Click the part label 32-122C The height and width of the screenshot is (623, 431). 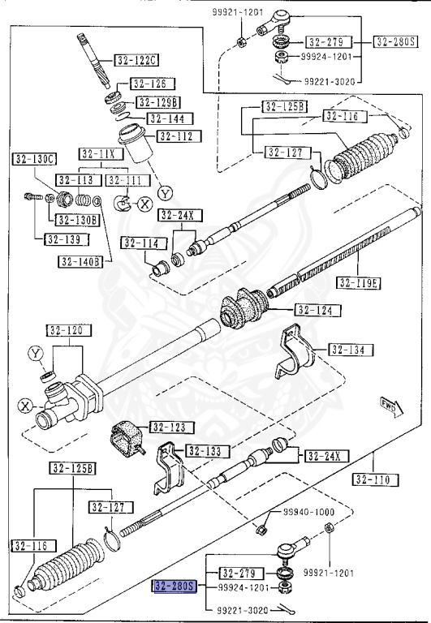137,58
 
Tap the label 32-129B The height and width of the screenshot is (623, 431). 158,102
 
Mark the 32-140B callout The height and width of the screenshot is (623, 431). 81,261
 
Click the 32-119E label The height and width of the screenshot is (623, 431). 360,283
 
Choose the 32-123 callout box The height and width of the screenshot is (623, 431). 168,427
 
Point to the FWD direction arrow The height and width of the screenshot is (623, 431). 390,405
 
